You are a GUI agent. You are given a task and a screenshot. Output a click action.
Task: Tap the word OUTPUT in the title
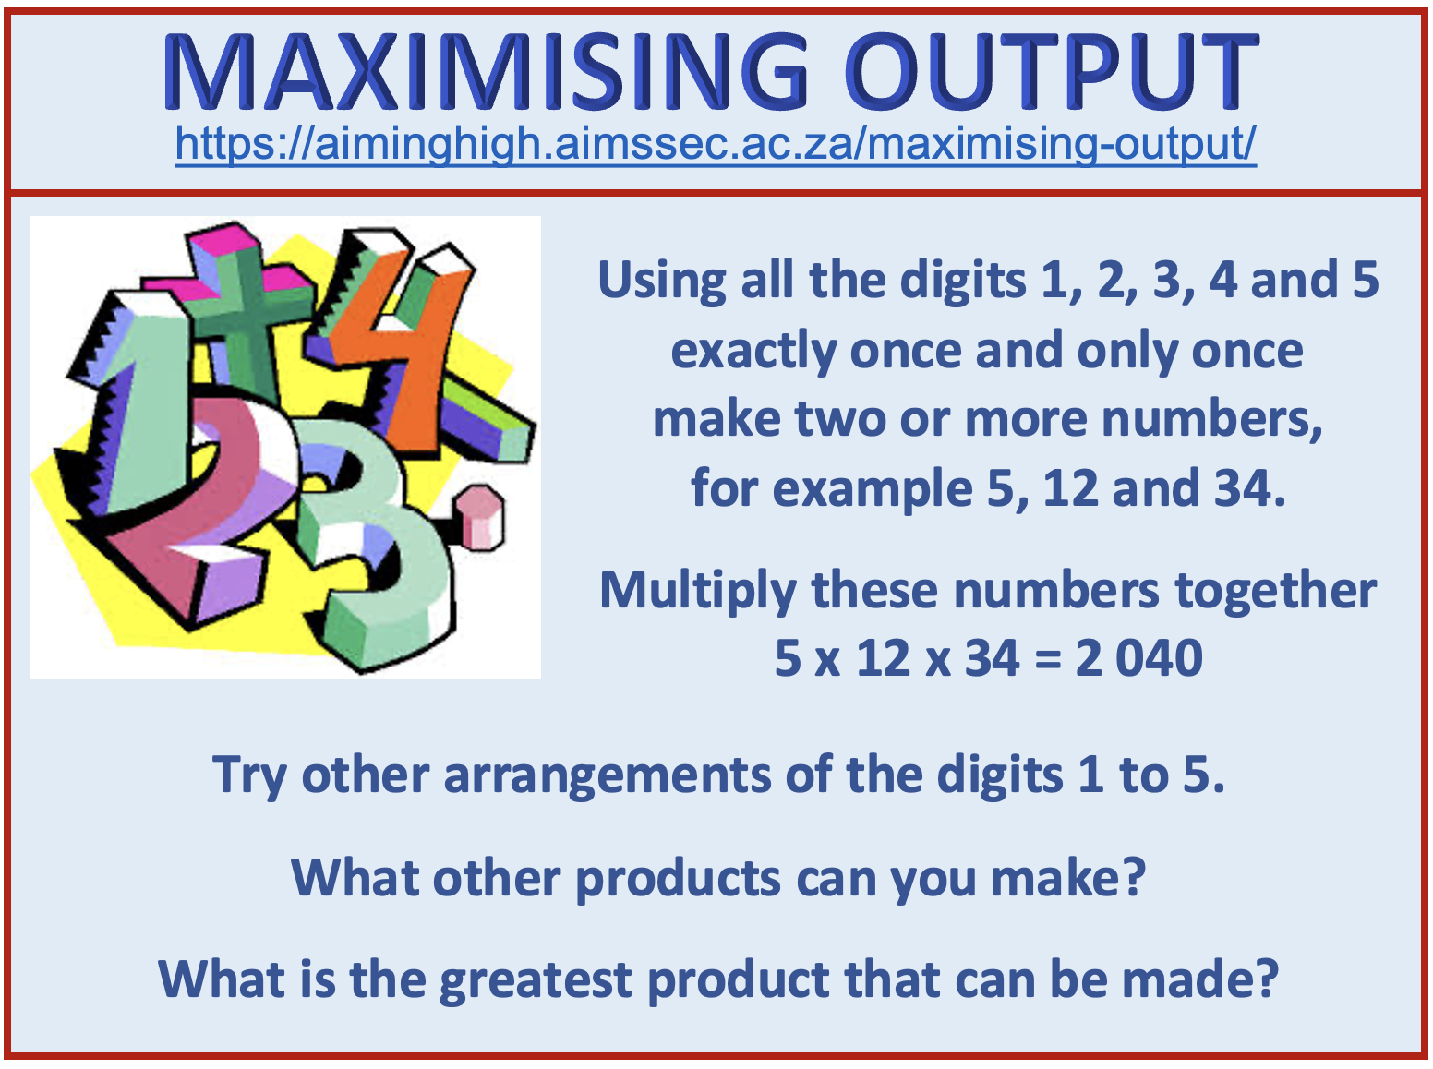[1052, 71]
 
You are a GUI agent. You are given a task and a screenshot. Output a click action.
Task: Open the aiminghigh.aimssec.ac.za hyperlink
[716, 144]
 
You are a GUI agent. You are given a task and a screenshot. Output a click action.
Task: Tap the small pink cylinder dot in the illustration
[480, 518]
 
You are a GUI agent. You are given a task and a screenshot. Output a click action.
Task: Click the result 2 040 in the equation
[1138, 658]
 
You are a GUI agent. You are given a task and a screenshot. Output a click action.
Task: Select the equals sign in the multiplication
[1048, 659]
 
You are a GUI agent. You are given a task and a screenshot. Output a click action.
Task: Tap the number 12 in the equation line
[884, 658]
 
